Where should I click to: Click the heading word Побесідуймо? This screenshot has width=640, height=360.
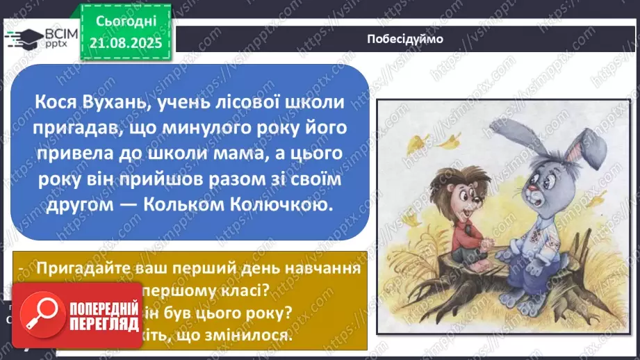pos(404,39)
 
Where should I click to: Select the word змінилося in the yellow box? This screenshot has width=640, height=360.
pos(251,334)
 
